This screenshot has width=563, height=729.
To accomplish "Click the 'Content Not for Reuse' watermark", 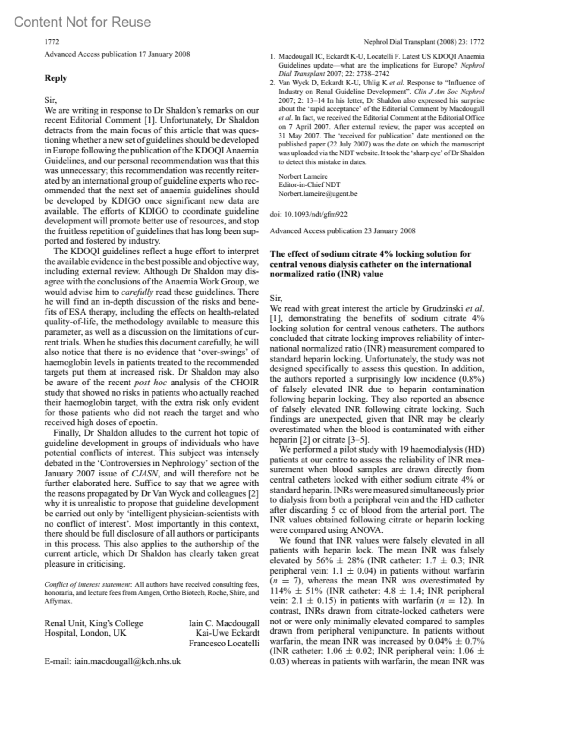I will [83, 22].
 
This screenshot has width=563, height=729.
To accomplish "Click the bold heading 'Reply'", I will [55, 78].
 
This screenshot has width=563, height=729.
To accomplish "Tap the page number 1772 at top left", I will [52, 42].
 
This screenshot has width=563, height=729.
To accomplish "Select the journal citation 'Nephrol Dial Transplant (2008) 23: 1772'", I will [424, 42].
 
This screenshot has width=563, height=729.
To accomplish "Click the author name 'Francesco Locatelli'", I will [224, 643].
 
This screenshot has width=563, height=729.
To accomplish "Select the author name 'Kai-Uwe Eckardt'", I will [227, 633].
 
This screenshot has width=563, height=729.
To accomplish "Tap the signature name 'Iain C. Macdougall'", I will [224, 623].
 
